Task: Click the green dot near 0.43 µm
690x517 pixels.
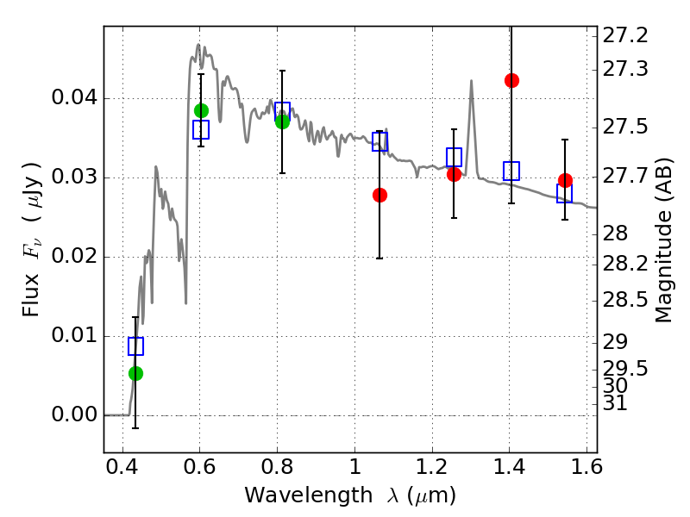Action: (x=135, y=374)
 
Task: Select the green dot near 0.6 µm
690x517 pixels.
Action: (x=201, y=111)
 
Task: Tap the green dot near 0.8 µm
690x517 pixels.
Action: (x=283, y=121)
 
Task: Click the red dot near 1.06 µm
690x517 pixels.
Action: (x=379, y=196)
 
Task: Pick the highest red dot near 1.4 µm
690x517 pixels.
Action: (x=511, y=80)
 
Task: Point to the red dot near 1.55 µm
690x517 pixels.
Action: (x=566, y=180)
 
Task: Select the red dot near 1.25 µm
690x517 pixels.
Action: (x=455, y=175)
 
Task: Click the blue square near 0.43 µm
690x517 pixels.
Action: (x=135, y=346)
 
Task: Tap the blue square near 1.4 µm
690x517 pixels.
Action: (x=511, y=171)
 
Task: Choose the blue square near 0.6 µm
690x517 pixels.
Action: (x=201, y=130)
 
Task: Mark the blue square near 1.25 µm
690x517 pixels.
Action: (x=455, y=157)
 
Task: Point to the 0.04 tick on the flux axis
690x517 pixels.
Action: (x=104, y=98)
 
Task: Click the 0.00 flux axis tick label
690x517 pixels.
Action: (x=74, y=414)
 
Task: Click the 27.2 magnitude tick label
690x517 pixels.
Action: (x=624, y=35)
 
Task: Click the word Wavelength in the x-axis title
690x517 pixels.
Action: (x=309, y=495)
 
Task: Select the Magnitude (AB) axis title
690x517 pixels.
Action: (x=663, y=240)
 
